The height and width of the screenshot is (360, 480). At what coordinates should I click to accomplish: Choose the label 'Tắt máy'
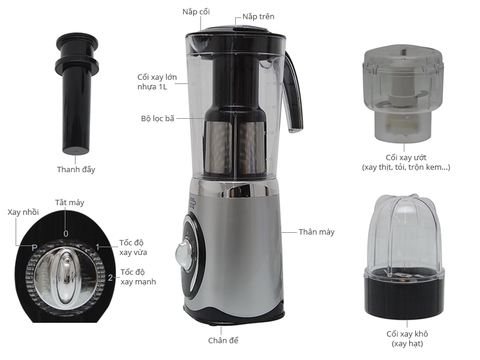tap(68, 202)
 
